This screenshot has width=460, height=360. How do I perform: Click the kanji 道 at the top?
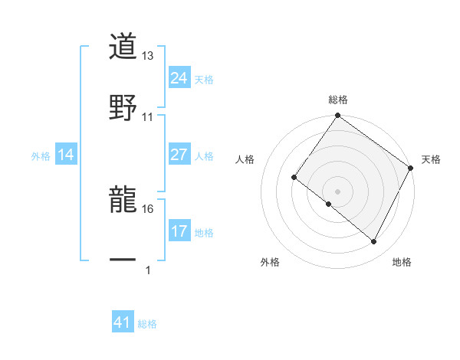click(x=123, y=47)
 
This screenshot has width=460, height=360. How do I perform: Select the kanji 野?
click(x=123, y=107)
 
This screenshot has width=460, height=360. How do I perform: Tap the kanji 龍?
click(x=123, y=199)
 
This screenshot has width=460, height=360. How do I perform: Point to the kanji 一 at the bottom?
click(x=123, y=260)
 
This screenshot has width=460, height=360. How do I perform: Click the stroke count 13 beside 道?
click(x=148, y=56)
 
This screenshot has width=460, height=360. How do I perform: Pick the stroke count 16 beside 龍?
click(x=148, y=208)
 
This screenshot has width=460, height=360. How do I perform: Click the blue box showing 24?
click(x=179, y=77)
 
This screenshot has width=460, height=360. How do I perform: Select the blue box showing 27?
click(x=179, y=155)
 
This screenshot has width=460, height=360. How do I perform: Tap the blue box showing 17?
click(x=179, y=231)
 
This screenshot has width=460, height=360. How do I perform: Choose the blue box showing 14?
click(x=66, y=155)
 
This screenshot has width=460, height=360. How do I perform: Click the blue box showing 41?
click(x=123, y=323)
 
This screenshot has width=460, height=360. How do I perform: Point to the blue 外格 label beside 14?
click(x=40, y=155)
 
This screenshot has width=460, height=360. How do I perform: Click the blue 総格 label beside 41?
click(x=147, y=324)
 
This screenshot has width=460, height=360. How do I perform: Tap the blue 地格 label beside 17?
click(x=204, y=232)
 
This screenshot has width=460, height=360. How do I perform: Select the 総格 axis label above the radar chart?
click(x=338, y=100)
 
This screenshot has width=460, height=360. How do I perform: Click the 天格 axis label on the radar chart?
click(x=431, y=159)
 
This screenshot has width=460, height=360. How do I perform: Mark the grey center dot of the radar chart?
click(x=338, y=191)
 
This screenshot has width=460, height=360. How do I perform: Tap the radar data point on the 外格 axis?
click(x=328, y=205)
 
